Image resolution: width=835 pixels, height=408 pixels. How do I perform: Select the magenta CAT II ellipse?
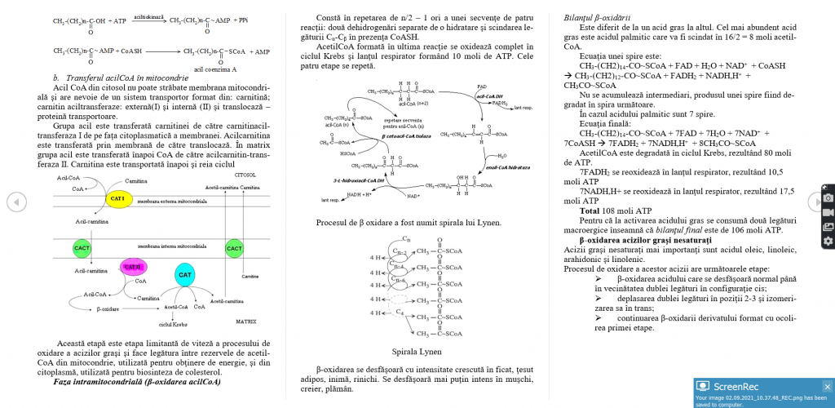[x=134, y=267]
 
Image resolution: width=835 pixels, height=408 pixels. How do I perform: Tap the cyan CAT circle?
[x=184, y=275]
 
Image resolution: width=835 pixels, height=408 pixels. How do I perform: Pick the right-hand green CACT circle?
[x=235, y=247]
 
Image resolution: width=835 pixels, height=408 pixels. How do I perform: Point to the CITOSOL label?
[x=245, y=175]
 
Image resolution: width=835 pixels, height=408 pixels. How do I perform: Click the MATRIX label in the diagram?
[x=246, y=322]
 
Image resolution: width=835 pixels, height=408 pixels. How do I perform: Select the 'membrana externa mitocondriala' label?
[x=171, y=200]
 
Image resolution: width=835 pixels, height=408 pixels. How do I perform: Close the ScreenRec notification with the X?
[x=826, y=386]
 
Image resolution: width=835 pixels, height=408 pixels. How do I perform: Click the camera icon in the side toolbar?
[x=828, y=197]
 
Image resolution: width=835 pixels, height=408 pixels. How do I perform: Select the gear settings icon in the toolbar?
[x=828, y=241]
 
